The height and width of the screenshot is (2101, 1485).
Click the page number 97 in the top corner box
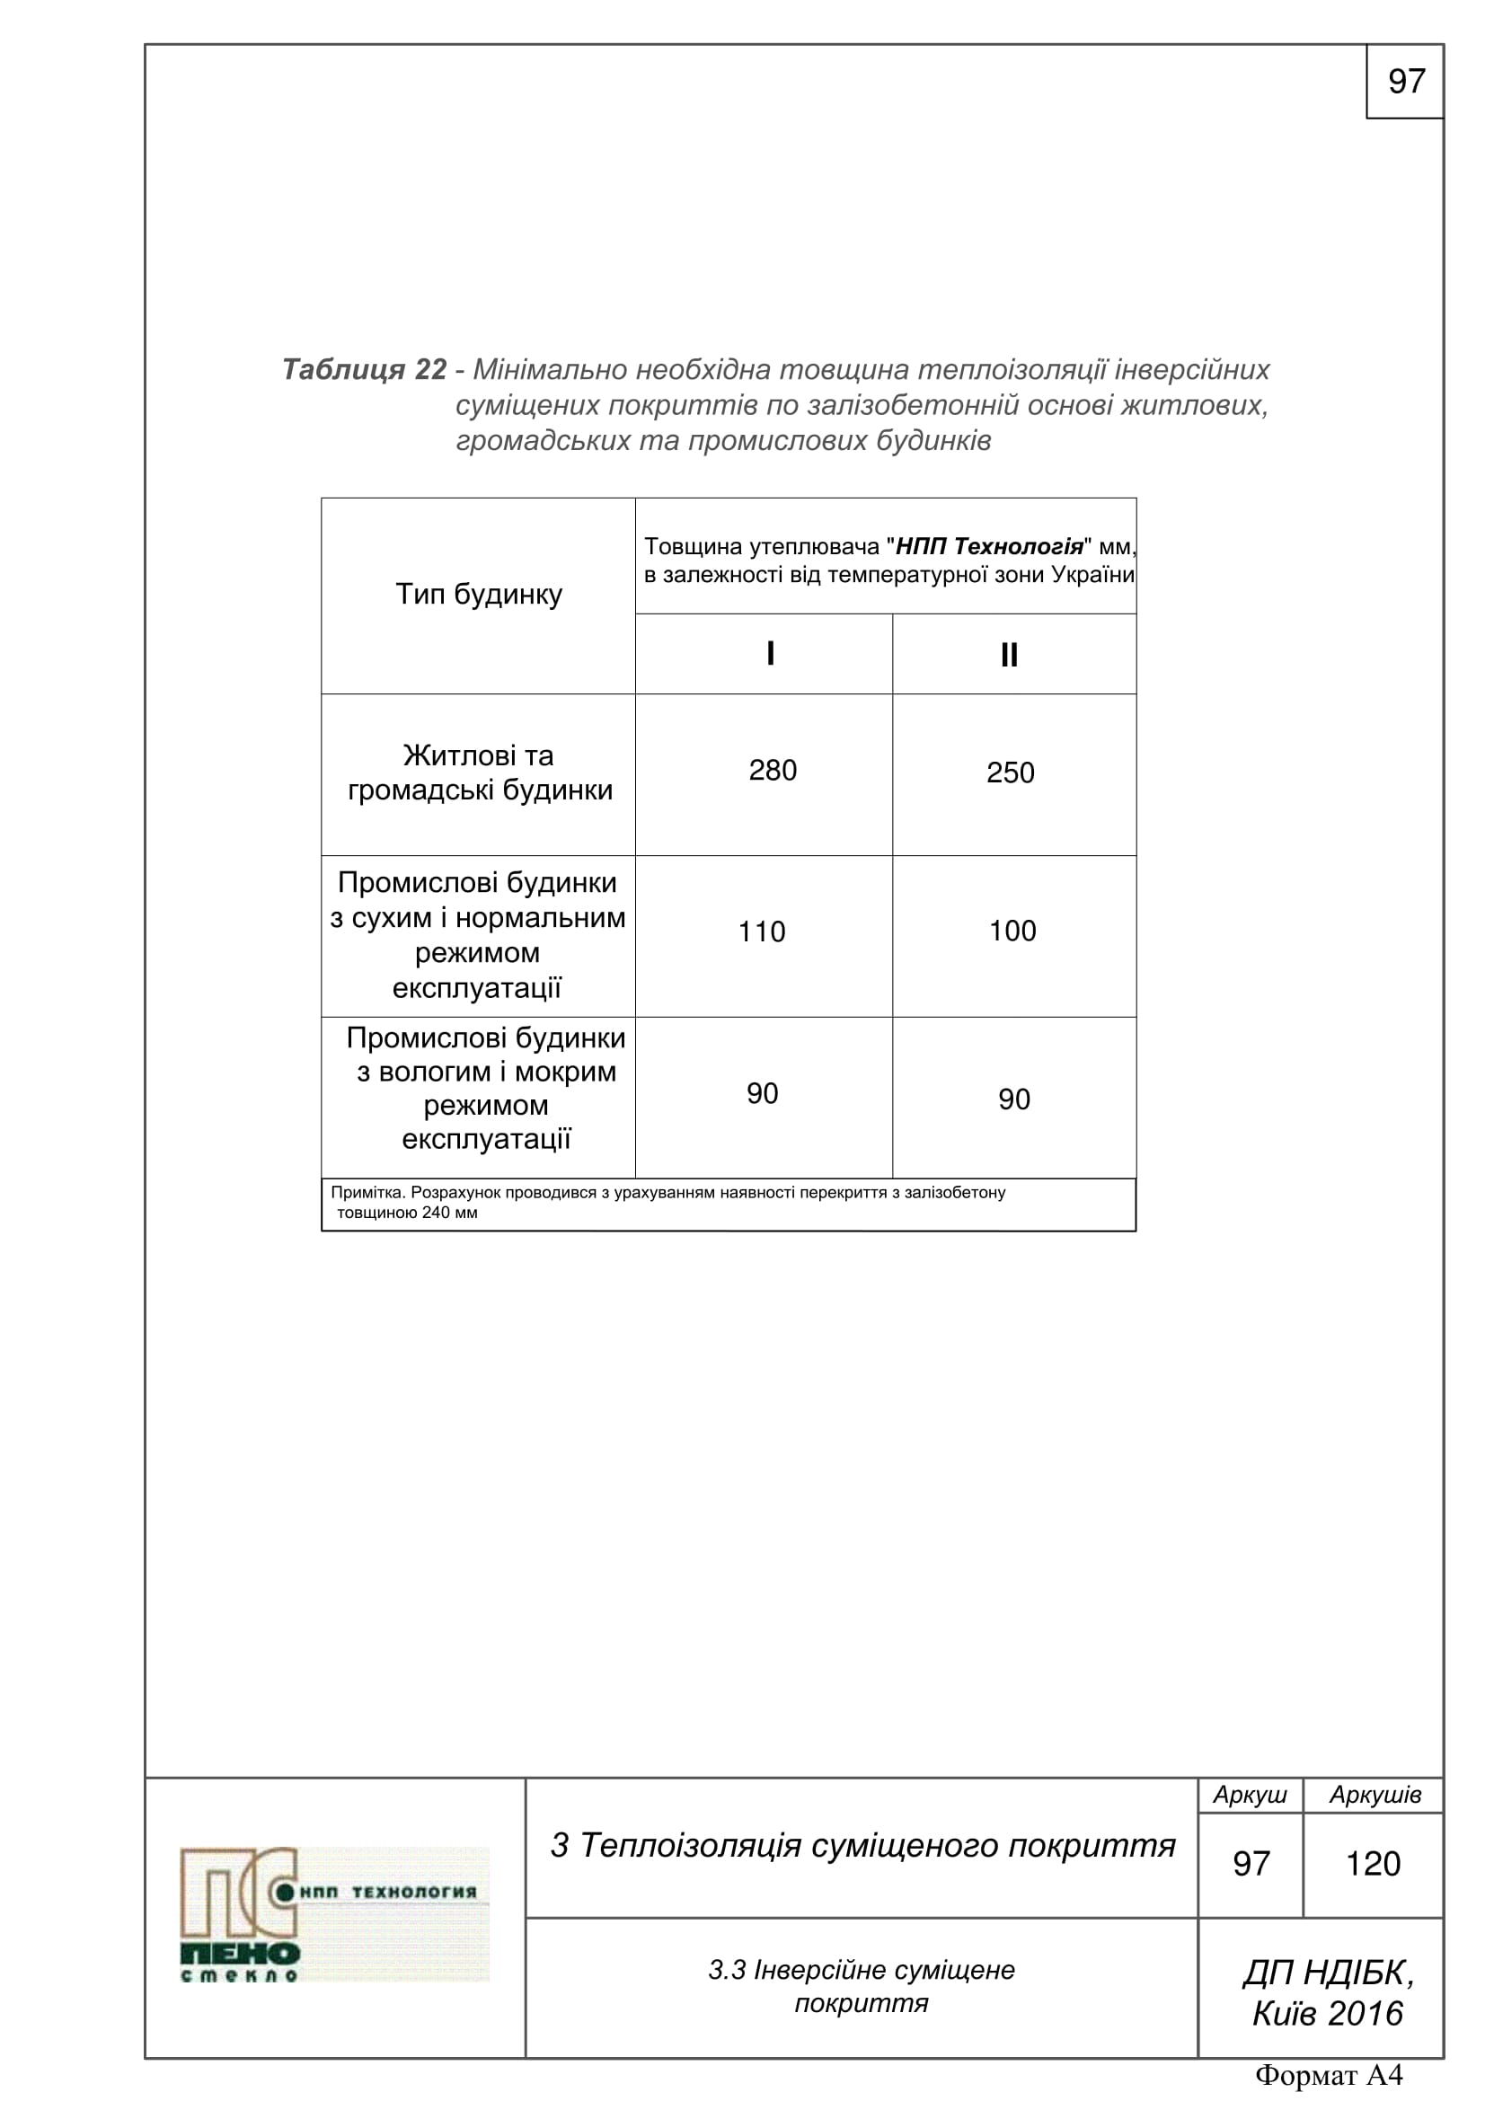[1405, 82]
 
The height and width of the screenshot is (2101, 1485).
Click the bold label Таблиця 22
[364, 370]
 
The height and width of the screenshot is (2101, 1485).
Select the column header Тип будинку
[479, 595]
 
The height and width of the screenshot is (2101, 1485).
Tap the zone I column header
[771, 653]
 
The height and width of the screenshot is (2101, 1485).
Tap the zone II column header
[1009, 655]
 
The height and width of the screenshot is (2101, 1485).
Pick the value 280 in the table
[773, 771]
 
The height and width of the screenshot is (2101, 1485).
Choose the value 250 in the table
[1010, 773]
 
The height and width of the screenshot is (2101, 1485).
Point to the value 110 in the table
[761, 932]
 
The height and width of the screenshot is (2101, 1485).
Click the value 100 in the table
[1012, 931]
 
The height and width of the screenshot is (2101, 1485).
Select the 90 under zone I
[762, 1093]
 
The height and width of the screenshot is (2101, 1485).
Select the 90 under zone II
[1013, 1099]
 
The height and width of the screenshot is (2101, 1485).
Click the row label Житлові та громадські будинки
[480, 773]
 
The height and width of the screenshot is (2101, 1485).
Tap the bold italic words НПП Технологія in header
[989, 547]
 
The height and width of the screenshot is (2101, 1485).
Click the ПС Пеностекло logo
[333, 1914]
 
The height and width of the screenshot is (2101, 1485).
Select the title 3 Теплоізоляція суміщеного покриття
[862, 1846]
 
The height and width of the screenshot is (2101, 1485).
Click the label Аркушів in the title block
[1375, 1796]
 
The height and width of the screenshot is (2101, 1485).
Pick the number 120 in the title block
[1373, 1864]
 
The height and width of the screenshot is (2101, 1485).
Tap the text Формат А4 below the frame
[1329, 2075]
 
